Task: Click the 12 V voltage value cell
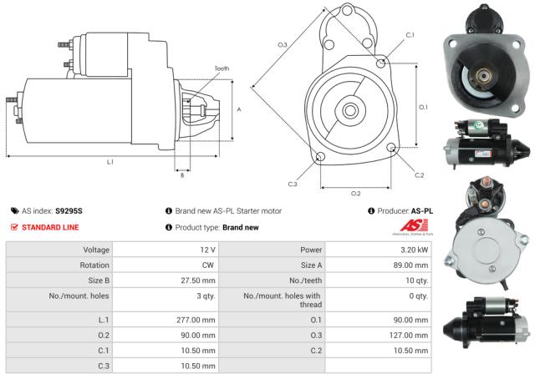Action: (205, 250)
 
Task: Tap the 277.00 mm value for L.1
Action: (197, 320)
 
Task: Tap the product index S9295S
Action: (69, 210)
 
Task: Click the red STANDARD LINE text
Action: (52, 227)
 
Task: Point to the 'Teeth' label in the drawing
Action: (221, 68)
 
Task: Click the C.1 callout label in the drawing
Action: (410, 35)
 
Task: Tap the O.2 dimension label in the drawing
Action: (355, 193)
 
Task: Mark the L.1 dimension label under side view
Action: (111, 161)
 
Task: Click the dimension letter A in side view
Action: (239, 109)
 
